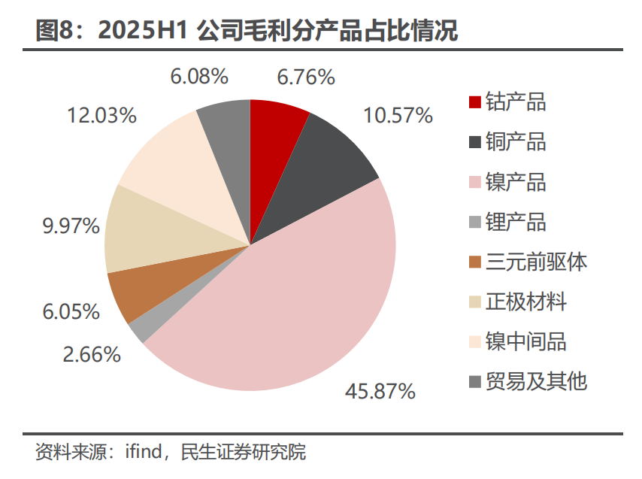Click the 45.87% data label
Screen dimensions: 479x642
pyautogui.click(x=380, y=391)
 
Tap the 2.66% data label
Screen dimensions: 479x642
pyautogui.click(x=92, y=354)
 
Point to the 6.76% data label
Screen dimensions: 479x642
pyautogui.click(x=305, y=77)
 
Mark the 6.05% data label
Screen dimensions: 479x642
pyautogui.click(x=71, y=311)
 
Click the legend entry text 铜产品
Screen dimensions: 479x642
pyautogui.click(x=516, y=141)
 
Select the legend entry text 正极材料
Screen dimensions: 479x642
pyautogui.click(x=526, y=302)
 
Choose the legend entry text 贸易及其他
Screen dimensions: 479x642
pyautogui.click(x=536, y=381)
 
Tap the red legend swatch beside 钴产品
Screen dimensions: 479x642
pyautogui.click(x=474, y=102)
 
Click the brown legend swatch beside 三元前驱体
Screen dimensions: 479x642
pyautogui.click(x=474, y=262)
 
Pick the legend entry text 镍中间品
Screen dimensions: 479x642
pyautogui.click(x=526, y=341)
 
